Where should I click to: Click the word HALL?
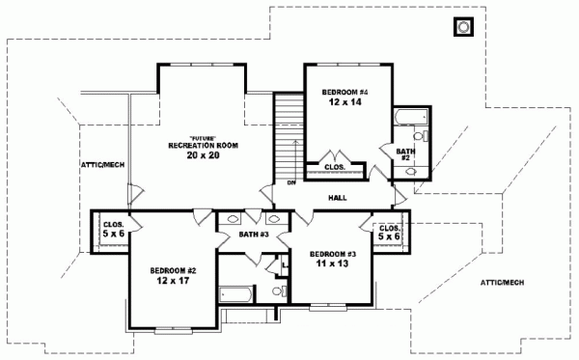click(x=338, y=198)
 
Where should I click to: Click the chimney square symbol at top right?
click(x=462, y=26)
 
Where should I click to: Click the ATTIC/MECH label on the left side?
click(x=102, y=165)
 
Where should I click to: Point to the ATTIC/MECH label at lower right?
click(x=502, y=282)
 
